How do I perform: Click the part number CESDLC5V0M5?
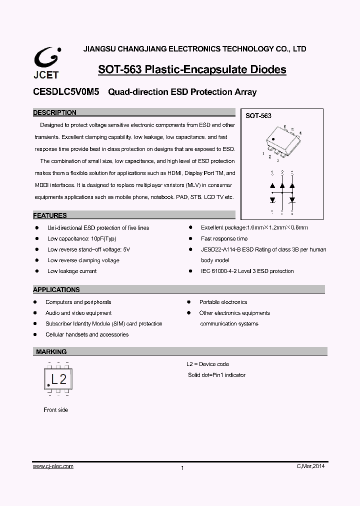coord(66,92)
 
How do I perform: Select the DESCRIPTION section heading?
coord(55,113)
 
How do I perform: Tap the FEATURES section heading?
coord(50,216)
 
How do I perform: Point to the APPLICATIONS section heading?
coord(56,289)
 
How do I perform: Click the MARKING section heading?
coord(51,352)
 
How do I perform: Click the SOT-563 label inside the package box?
coord(258,116)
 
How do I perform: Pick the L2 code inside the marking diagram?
coord(59,377)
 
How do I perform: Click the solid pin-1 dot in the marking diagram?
coord(48,384)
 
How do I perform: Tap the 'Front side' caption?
coord(56,410)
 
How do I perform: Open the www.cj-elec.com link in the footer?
coord(53,466)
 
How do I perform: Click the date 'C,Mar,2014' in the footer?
coord(310,466)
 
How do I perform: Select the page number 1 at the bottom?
coord(182,468)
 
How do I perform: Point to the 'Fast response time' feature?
coord(224,238)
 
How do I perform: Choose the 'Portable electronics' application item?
coord(223,302)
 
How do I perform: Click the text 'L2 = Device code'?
coord(207,364)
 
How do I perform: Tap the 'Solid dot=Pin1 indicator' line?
coord(216,375)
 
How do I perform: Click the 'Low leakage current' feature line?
coord(72,271)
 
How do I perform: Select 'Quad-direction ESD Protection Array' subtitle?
coord(182,92)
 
